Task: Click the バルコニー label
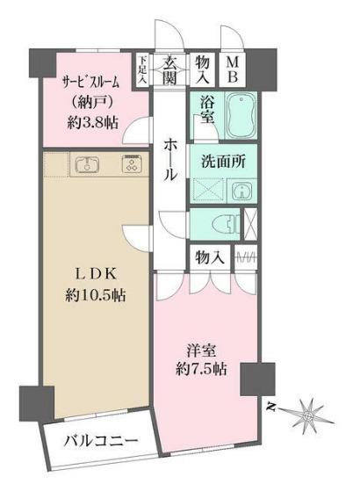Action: click(98, 442)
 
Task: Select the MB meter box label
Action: click(234, 70)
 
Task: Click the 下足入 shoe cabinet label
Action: click(143, 70)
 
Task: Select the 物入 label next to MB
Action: click(203, 70)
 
